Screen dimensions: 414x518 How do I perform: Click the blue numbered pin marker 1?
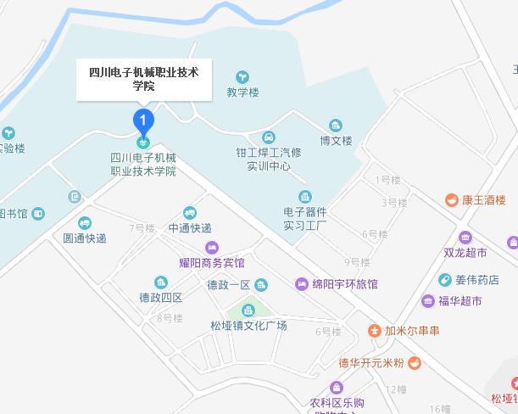144,120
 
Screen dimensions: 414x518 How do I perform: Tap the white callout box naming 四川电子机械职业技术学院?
144,79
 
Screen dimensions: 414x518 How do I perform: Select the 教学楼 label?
242,92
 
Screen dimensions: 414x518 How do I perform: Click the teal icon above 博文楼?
336,126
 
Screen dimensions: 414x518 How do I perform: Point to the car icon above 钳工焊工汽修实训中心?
268,137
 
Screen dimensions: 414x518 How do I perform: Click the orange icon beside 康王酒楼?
452,201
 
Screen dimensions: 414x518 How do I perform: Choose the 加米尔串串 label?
410,331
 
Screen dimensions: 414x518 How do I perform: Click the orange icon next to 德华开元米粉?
414,363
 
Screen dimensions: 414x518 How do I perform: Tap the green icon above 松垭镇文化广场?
249,310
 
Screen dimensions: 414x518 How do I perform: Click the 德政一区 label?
229,284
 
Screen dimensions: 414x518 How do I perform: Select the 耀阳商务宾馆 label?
211,263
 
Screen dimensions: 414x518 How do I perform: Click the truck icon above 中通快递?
189,213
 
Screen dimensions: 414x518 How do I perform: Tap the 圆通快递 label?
85,238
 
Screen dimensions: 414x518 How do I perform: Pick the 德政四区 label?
161,297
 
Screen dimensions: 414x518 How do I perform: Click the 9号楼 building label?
357,261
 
